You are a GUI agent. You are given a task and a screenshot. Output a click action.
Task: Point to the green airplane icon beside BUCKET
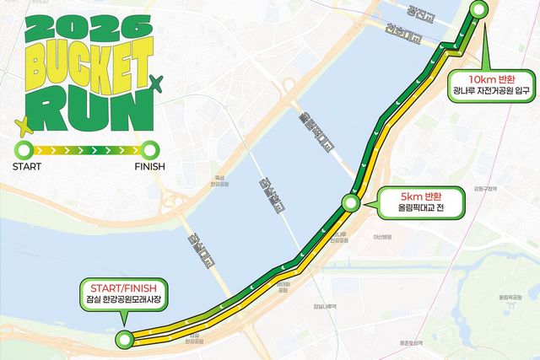154,82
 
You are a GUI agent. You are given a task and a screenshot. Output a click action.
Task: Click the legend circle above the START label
25,150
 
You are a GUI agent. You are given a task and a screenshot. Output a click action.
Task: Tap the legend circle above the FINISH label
150,150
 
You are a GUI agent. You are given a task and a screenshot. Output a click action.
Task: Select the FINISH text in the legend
150,166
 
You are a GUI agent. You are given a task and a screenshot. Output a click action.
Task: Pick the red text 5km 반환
418,196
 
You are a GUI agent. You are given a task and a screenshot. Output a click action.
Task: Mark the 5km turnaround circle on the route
350,201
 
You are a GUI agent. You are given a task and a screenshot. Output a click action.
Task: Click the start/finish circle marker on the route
126,340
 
